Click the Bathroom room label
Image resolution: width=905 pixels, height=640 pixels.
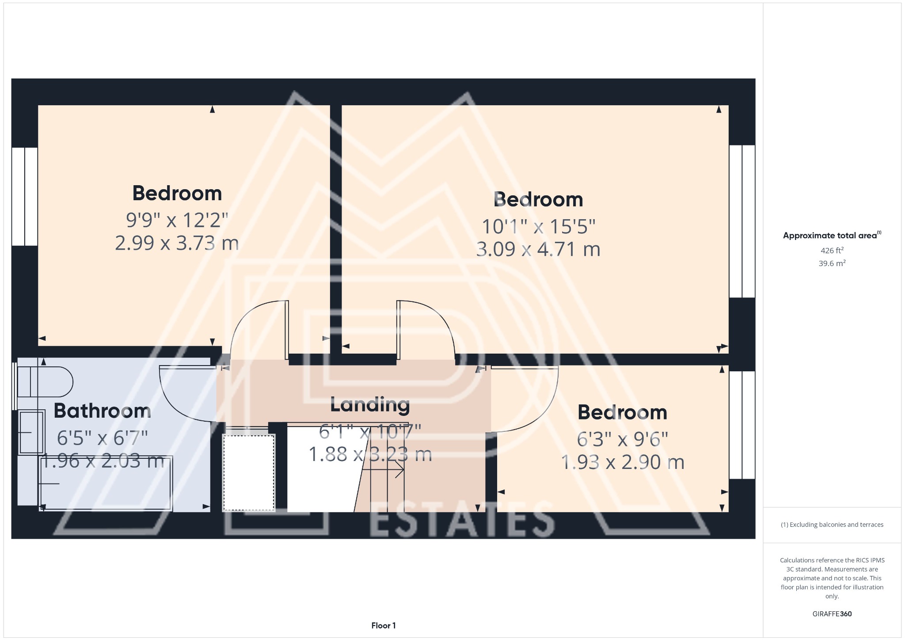pos(102,411)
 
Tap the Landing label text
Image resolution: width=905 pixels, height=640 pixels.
pos(370,404)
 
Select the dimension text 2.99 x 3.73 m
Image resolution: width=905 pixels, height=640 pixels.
pos(177,243)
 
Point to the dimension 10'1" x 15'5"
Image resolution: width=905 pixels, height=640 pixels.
pos(538,227)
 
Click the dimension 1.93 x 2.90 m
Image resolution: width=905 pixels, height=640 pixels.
pos(622,462)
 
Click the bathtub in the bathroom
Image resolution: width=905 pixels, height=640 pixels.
pos(106,484)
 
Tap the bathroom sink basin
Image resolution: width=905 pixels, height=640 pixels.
pos(32,432)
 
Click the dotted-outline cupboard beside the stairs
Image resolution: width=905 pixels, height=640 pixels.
pos(249,472)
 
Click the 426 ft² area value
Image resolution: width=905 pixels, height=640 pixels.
pos(832,251)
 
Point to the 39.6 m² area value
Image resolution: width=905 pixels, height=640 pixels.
pos(832,263)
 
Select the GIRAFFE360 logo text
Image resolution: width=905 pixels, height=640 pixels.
pos(832,614)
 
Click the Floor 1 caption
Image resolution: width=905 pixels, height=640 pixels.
pos(383,625)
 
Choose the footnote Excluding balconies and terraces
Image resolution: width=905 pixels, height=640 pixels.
pos(832,525)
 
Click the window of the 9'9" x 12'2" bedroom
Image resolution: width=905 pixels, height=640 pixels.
pos(24,196)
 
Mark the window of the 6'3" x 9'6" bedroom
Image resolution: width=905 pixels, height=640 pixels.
pos(742,425)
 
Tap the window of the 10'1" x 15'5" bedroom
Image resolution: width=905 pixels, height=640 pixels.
pos(742,221)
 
